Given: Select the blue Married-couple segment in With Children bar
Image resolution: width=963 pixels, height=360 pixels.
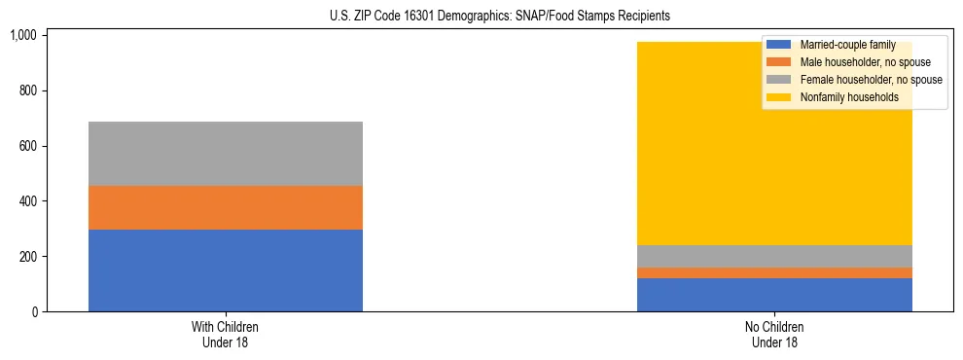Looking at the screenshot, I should (225, 270).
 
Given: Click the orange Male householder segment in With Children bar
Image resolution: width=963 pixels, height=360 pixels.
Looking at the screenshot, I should (225, 207).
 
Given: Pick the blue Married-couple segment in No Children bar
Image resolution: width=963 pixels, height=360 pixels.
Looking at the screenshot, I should (774, 295).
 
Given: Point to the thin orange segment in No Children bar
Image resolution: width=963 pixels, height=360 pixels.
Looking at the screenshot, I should (774, 272).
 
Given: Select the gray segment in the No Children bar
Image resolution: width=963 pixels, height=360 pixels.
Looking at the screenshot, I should (774, 256).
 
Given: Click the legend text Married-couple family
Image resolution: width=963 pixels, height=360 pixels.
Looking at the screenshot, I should (846, 45).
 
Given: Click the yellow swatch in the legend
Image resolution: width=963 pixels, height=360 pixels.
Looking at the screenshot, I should (779, 97).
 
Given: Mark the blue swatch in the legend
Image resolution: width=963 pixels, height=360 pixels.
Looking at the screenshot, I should (779, 45).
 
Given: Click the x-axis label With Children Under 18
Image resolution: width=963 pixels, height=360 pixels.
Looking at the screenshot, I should (225, 335).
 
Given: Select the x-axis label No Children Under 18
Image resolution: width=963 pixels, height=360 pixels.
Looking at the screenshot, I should (774, 335).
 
